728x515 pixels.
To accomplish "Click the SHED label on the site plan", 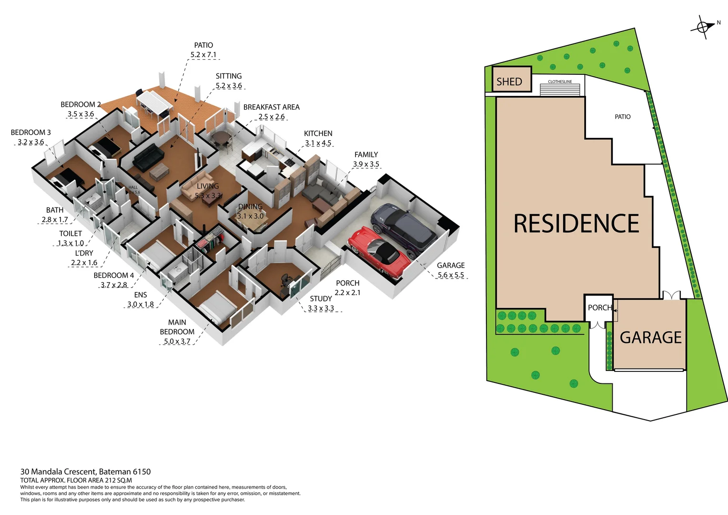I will [509, 82].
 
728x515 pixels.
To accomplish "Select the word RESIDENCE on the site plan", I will [576, 224].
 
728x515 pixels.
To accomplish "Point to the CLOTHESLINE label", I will [560, 82].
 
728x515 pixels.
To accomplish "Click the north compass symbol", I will [703, 27].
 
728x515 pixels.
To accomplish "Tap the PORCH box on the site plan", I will [599, 308].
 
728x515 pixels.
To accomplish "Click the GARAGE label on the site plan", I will [650, 337].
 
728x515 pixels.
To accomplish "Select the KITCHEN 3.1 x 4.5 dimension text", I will [318, 143].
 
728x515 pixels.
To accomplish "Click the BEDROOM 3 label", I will [30, 132].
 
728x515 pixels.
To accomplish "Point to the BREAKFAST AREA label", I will [271, 107].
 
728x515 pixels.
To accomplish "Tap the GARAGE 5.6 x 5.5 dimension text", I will [451, 275].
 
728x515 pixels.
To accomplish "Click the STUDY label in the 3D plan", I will [321, 299].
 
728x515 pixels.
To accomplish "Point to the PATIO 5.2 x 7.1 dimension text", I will [203, 55].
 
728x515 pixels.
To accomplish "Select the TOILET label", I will [71, 233].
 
